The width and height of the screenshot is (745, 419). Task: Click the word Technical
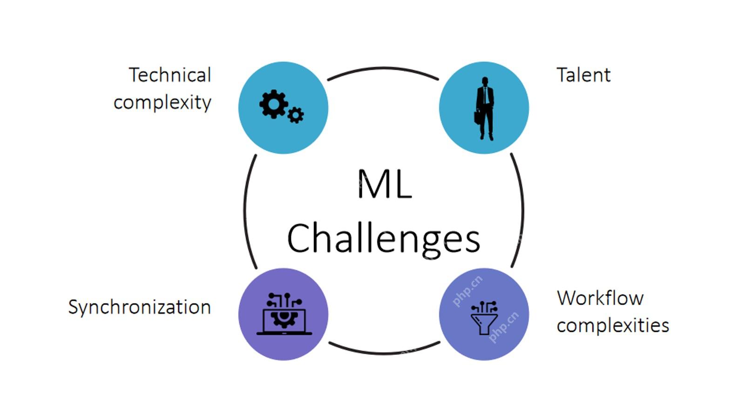170,75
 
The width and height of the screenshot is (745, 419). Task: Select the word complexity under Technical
163,103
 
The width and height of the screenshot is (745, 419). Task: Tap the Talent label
584,75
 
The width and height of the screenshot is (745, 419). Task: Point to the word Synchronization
140,307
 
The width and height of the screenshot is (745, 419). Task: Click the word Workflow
600,298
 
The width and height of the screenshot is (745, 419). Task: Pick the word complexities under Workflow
613,325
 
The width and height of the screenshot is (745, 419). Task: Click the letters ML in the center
385,183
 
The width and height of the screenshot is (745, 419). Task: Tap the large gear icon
273,104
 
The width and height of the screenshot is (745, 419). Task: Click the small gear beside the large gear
295,115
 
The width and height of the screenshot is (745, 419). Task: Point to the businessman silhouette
484,108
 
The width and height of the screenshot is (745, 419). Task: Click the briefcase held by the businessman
477,117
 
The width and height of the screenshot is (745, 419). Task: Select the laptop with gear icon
284,314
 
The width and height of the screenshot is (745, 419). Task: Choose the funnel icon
484,318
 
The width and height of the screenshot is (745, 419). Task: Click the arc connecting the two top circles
383,68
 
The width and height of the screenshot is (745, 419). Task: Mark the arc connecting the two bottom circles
385,353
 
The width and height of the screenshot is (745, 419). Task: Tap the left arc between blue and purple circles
245,211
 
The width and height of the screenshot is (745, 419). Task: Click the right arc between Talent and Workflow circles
523,209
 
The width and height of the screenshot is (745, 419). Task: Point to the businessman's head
485,81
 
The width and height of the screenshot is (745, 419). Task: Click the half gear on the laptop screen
284,319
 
